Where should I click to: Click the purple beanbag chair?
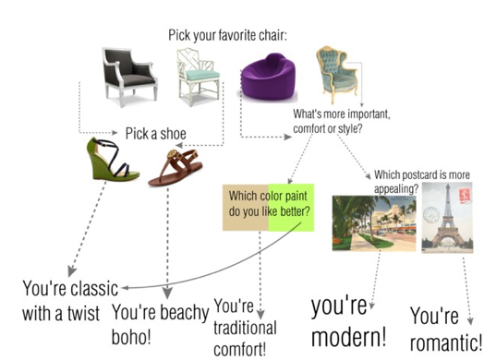pyautogui.click(x=268, y=78)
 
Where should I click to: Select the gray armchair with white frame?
pyautogui.click(x=129, y=77)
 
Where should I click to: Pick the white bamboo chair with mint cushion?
pyautogui.click(x=198, y=77)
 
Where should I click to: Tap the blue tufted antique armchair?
pyautogui.click(x=336, y=75)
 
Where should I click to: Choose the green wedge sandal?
pyautogui.click(x=112, y=160)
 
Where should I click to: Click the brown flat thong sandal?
pyautogui.click(x=175, y=167)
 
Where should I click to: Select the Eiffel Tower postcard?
pyautogui.click(x=447, y=218)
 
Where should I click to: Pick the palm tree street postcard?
pyautogui.click(x=374, y=223)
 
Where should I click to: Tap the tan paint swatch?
pyautogui.click(x=246, y=208)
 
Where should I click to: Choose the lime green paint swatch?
pyautogui.click(x=291, y=208)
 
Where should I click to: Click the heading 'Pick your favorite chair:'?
pyautogui.click(x=228, y=35)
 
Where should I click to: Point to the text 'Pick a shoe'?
pyautogui.click(x=155, y=134)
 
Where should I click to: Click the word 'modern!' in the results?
pyautogui.click(x=349, y=337)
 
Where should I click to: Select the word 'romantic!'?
pyautogui.click(x=446, y=342)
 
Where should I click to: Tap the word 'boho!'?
pyautogui.click(x=131, y=337)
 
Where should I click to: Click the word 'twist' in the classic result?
pyautogui.click(x=83, y=313)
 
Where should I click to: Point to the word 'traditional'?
pyautogui.click(x=245, y=328)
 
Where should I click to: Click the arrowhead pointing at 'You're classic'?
pyautogui.click(x=125, y=288)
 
